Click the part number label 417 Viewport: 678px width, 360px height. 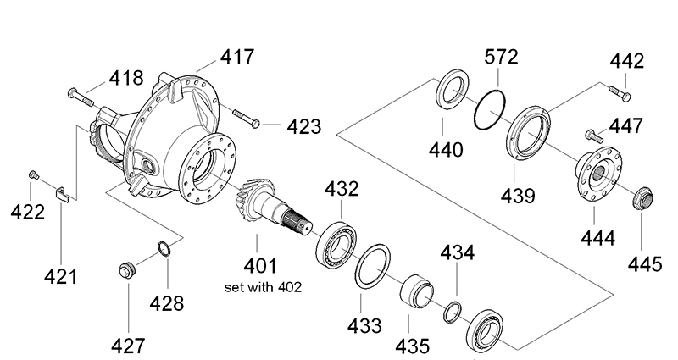point(237,58)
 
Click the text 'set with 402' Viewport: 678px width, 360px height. point(263,286)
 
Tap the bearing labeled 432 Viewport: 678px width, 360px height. point(337,242)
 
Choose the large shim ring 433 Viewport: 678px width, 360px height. point(370,267)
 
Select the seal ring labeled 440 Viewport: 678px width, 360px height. point(451,92)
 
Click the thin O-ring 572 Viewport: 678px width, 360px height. point(490,108)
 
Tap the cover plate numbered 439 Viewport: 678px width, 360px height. point(528,131)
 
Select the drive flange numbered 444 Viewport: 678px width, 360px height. point(597,173)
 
